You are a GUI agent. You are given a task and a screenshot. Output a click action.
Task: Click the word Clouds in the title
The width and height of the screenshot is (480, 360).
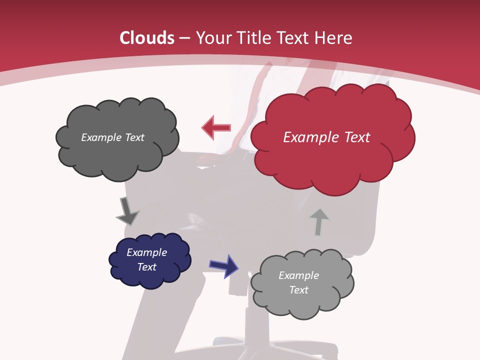click(147, 38)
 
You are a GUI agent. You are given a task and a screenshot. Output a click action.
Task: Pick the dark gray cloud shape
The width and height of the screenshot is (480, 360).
click(117, 150)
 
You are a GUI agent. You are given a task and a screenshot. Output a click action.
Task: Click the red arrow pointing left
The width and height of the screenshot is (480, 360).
click(216, 127)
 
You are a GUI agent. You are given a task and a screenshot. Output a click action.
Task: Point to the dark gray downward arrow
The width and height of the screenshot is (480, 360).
click(127, 211)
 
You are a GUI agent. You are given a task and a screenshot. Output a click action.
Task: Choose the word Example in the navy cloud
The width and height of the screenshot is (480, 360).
click(146, 252)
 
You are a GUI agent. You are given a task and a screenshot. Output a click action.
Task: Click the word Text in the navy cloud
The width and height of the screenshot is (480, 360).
click(146, 267)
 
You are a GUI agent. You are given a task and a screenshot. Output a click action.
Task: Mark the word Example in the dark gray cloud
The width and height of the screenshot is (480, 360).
click(100, 137)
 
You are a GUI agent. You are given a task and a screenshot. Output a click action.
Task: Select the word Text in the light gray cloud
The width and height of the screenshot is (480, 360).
click(298, 290)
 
